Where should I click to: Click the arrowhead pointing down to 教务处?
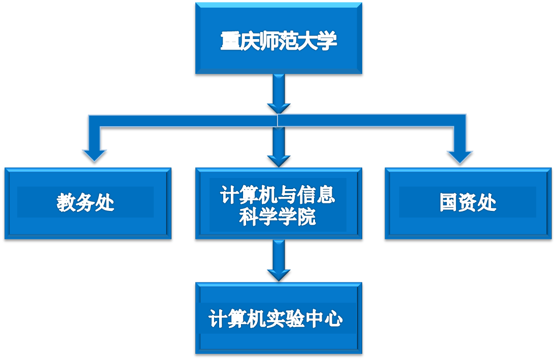click(x=94, y=155)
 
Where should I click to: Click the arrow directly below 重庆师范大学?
click(x=279, y=94)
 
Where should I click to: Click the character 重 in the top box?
click(x=230, y=41)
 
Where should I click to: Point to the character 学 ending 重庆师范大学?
click(x=327, y=41)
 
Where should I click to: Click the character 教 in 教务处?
click(x=66, y=203)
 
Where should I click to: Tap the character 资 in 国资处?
click(x=468, y=203)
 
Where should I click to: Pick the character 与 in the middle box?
click(x=288, y=195)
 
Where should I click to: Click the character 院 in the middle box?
click(x=306, y=217)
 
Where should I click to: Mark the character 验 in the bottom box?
click(x=288, y=319)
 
